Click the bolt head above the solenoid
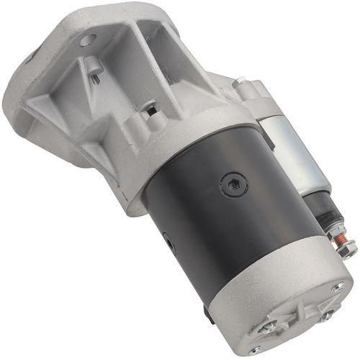point(238,84)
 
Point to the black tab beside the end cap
point(207,315)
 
